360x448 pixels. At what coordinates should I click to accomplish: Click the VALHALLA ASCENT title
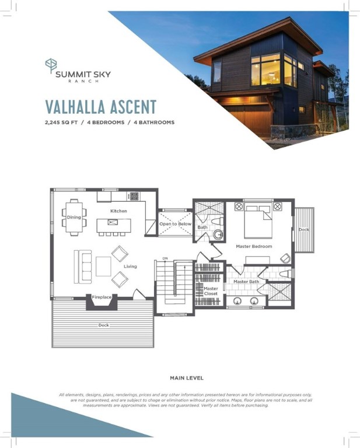[101, 107]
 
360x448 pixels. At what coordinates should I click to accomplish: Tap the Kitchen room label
[119, 211]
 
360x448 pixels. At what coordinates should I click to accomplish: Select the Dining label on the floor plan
[74, 217]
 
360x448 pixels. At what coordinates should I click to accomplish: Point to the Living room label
[130, 267]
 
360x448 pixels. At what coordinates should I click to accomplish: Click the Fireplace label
[102, 297]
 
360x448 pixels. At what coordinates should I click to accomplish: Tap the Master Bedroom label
[254, 246]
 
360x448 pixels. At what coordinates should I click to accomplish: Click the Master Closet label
[211, 290]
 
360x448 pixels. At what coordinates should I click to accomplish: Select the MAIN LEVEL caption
[186, 378]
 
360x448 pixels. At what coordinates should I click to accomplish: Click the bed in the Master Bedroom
[257, 222]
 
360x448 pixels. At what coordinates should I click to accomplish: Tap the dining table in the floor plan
[74, 218]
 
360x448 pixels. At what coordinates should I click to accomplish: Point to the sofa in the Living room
[83, 265]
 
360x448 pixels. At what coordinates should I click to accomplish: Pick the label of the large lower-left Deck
[103, 324]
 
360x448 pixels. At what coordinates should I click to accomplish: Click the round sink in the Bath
[219, 235]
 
